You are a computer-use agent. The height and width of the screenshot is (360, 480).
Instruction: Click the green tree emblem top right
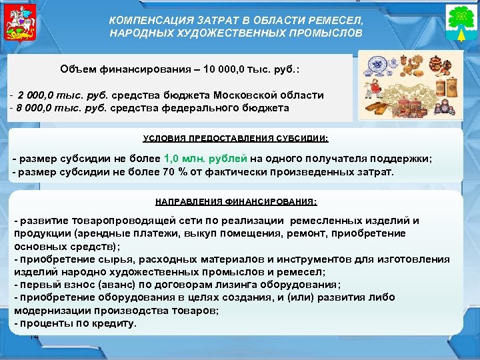pos(459,25)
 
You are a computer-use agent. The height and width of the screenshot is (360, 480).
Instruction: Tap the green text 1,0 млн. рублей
pos(205,159)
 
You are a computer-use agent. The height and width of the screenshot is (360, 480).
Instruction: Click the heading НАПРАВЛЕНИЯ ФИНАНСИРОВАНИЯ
pos(236,201)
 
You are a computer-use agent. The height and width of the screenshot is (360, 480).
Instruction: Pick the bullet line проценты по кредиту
pos(75,323)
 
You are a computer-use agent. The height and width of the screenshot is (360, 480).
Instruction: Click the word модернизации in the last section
pos(48,311)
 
